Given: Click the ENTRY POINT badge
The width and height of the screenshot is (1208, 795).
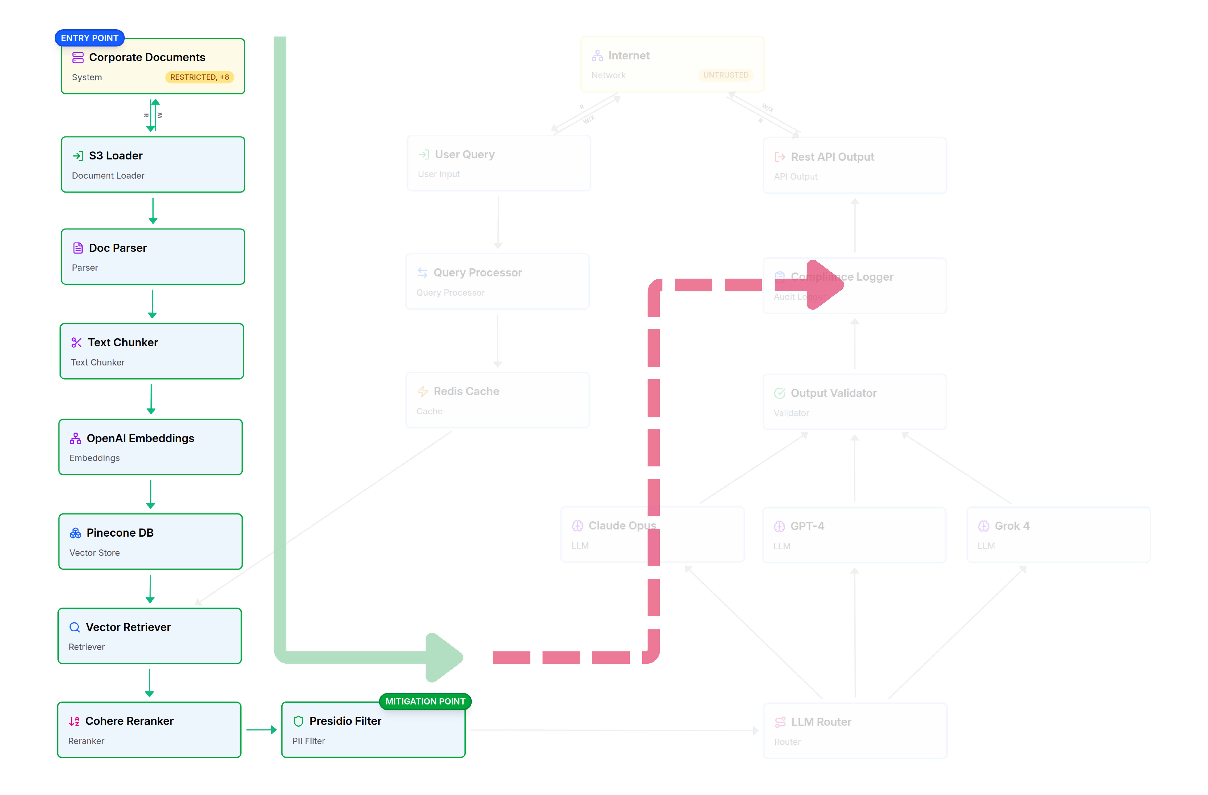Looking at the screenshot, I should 89,38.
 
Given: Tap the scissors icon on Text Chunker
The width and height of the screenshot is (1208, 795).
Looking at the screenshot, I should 77,343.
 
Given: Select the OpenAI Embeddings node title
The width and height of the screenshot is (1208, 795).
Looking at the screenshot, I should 140,438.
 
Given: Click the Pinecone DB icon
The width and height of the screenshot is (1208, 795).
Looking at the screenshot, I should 76,533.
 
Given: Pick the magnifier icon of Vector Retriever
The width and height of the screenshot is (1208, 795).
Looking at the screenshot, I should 75,627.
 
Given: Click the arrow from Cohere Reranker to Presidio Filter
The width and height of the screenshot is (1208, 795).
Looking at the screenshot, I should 261,730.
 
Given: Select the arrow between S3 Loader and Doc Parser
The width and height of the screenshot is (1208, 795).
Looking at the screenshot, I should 153,210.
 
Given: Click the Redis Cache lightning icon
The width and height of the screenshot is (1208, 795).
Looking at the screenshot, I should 422,392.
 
